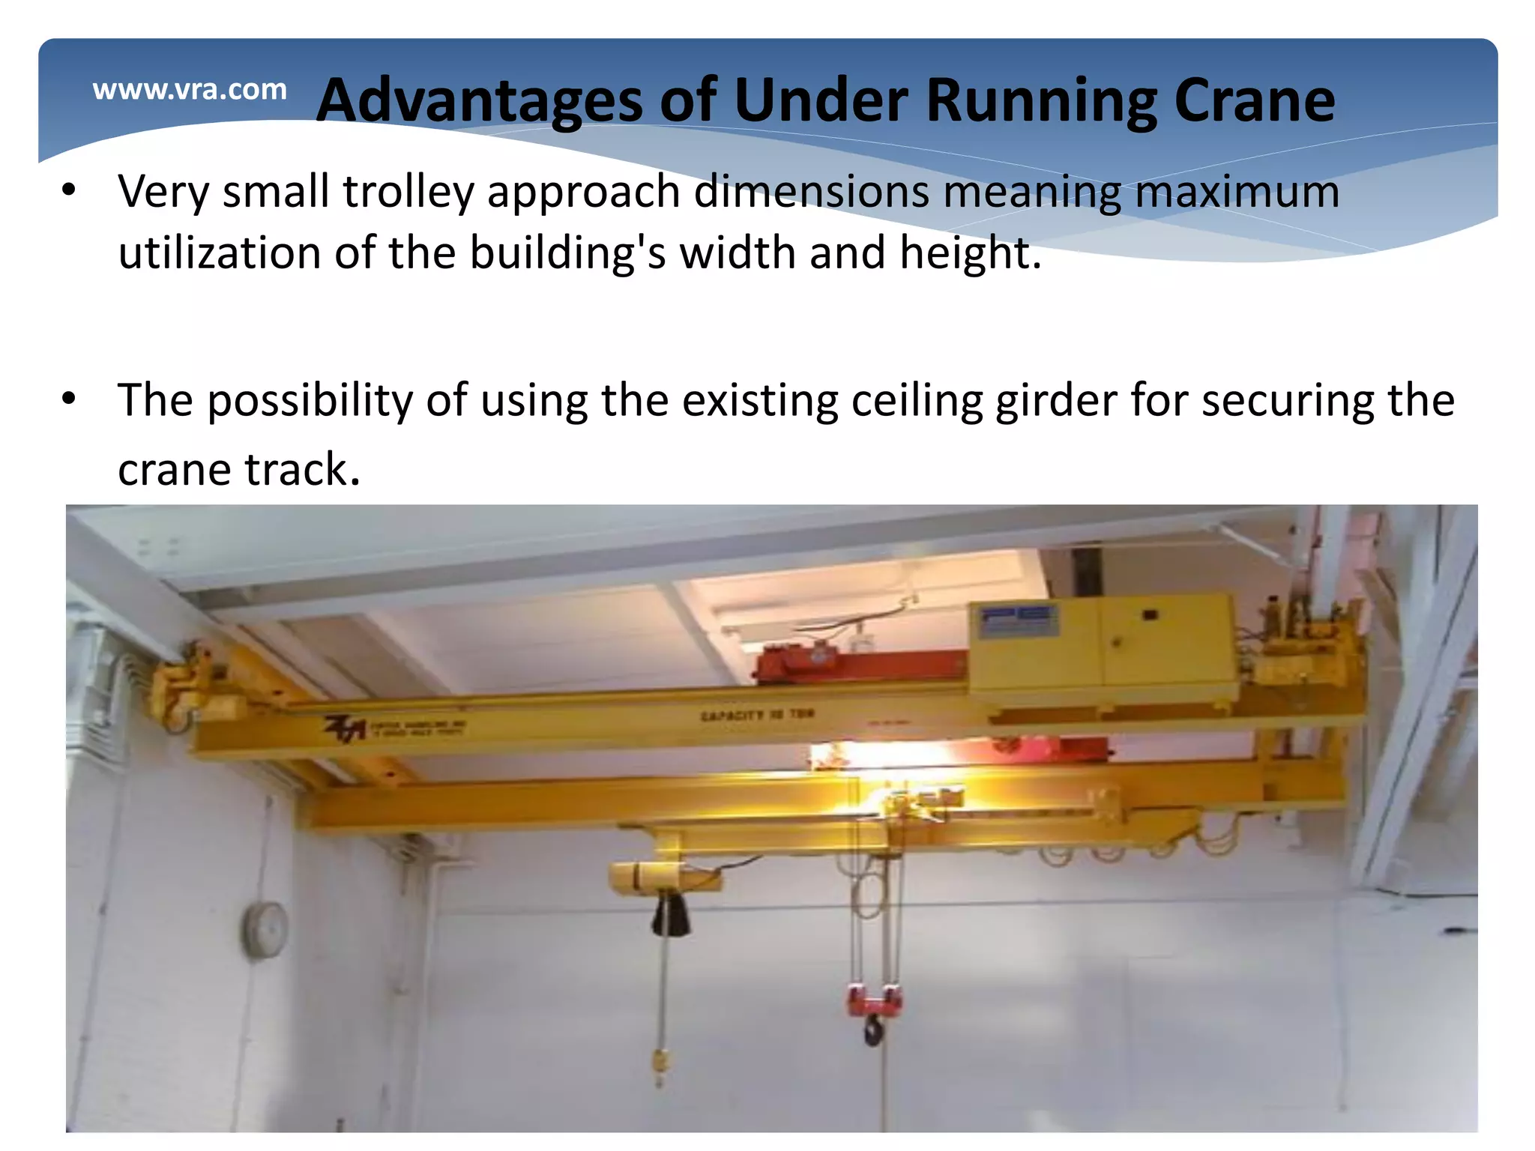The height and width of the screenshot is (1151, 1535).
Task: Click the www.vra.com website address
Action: click(x=190, y=90)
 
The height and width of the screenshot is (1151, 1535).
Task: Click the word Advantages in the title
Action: click(x=480, y=100)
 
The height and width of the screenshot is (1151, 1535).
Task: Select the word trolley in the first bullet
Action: click(x=408, y=191)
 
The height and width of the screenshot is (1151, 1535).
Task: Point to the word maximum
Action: click(x=1237, y=191)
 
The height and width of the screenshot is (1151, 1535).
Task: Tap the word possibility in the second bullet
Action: click(x=310, y=400)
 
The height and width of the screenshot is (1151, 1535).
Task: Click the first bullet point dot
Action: click(x=69, y=190)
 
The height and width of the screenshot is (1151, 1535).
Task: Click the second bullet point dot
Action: click(x=69, y=399)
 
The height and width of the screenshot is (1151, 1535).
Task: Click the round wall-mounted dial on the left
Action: click(x=265, y=929)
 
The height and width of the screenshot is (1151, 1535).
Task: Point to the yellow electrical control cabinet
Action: click(x=1102, y=648)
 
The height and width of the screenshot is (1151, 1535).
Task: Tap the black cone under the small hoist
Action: click(x=671, y=915)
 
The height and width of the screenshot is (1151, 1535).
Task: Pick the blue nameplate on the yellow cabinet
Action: click(x=1019, y=621)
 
